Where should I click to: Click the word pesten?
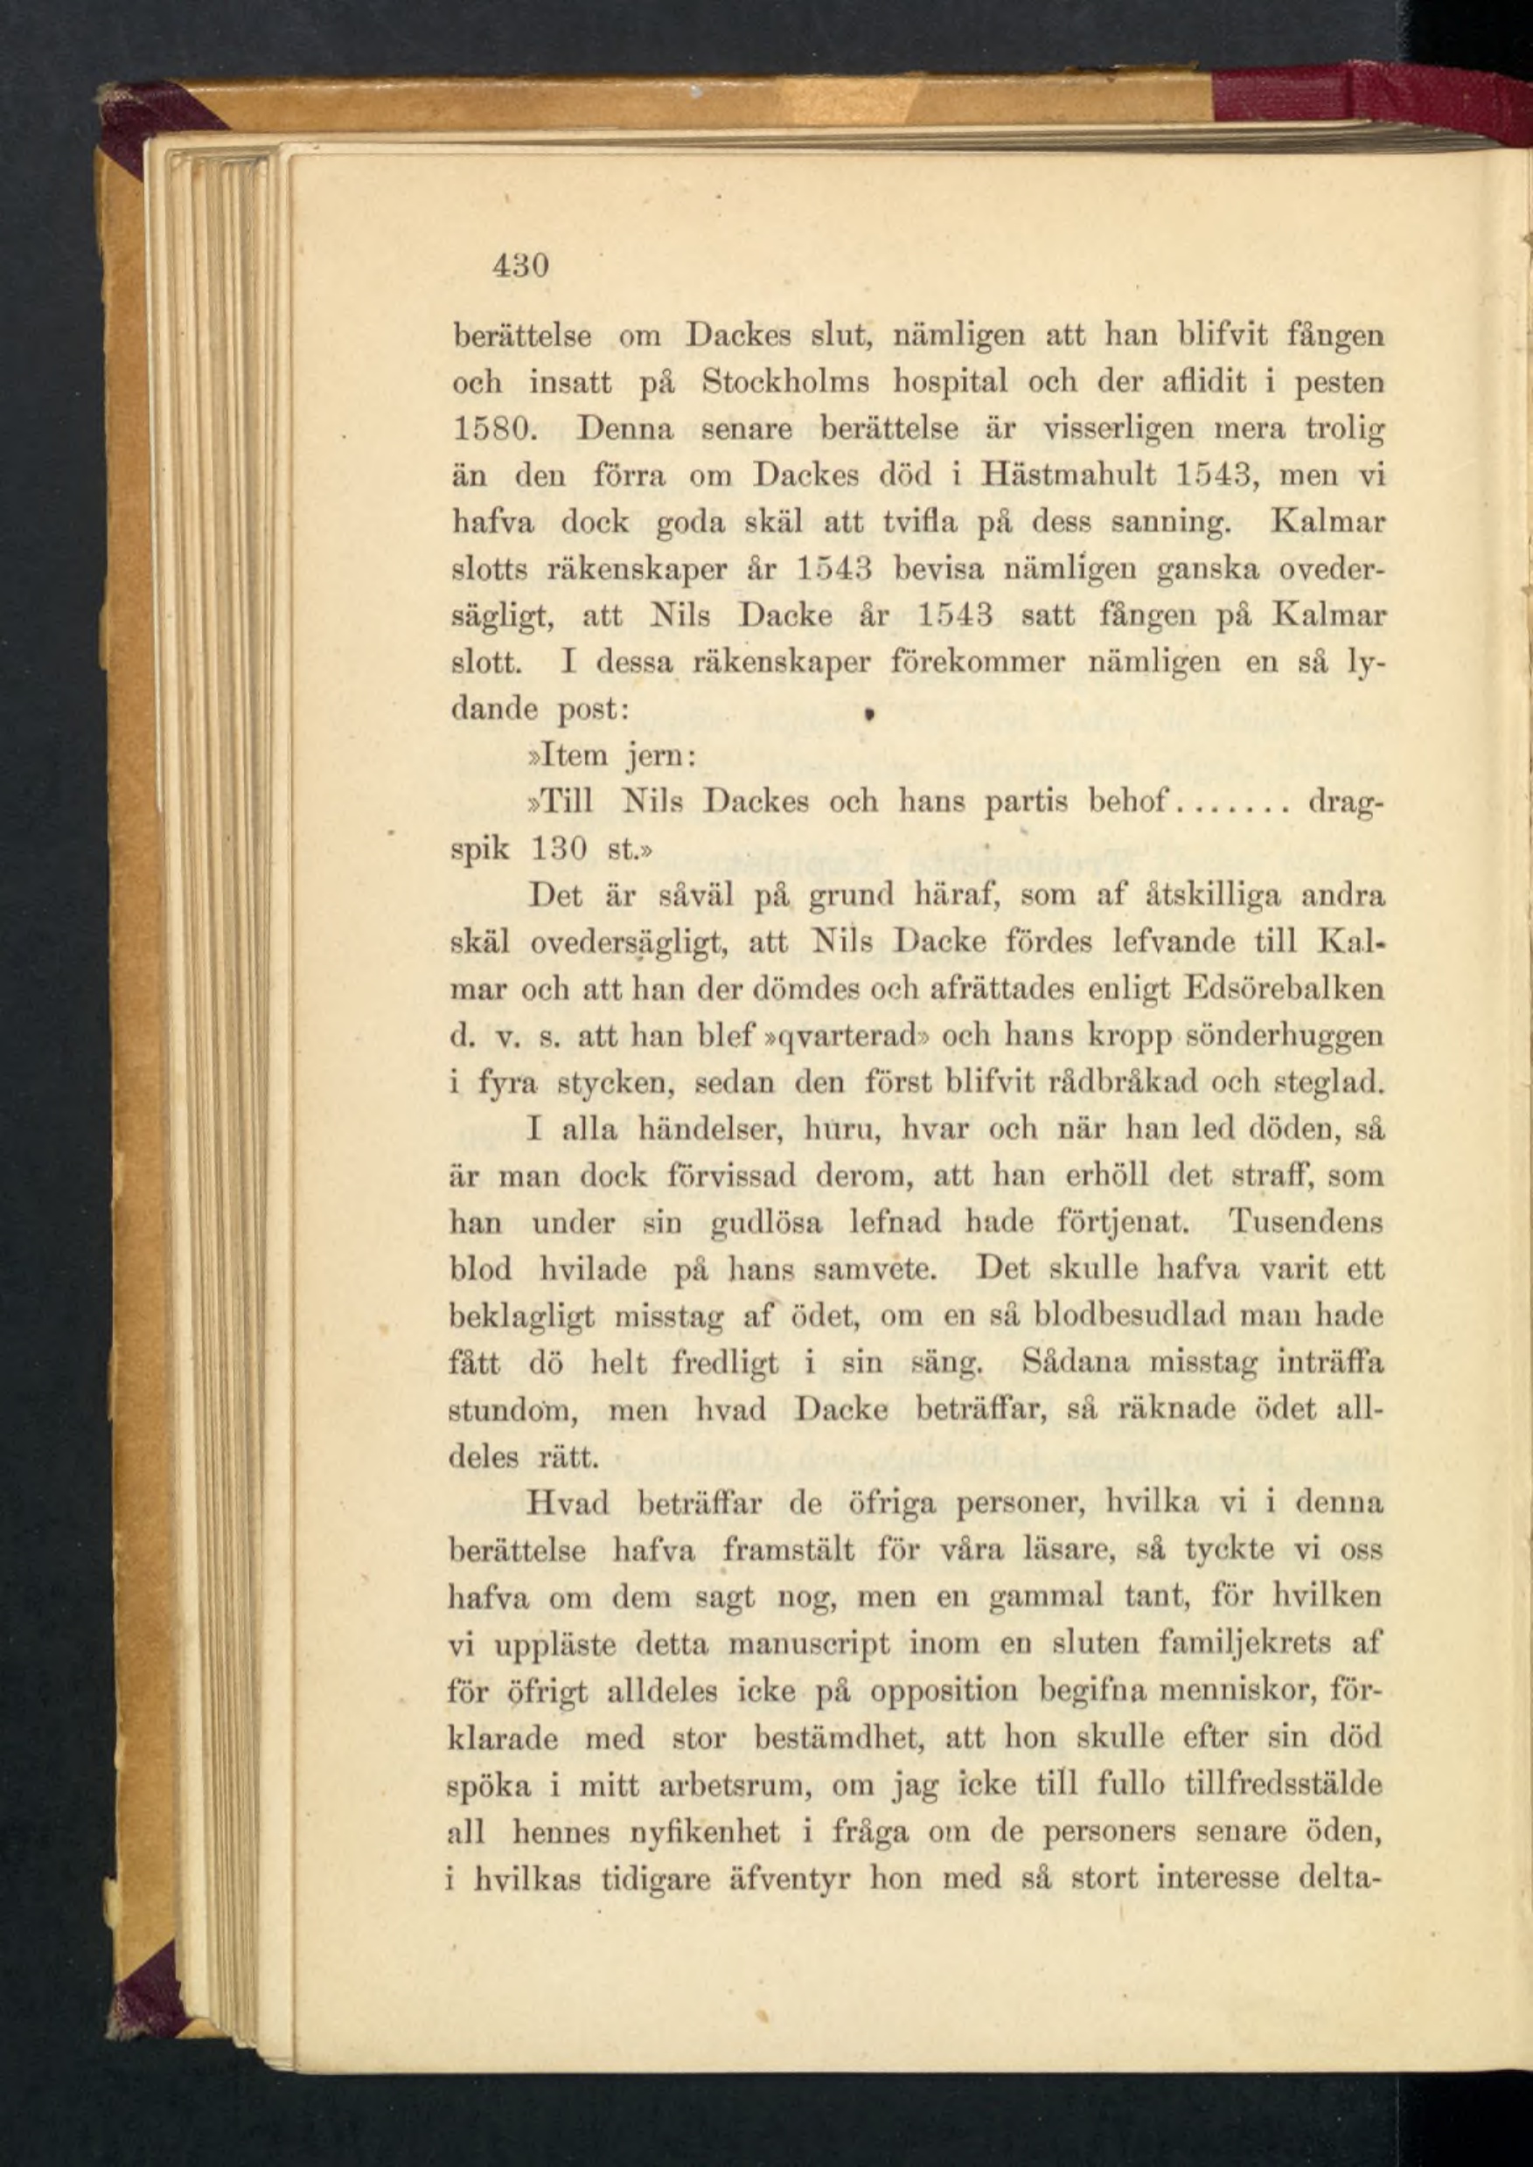tap(1339, 383)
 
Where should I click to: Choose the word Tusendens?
tap(1305, 1223)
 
